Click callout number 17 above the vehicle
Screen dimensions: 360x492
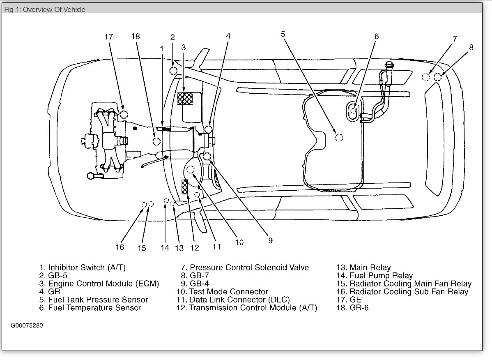(x=108, y=37)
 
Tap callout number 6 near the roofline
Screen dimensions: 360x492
(x=376, y=36)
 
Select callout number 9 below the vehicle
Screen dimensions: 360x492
(x=270, y=241)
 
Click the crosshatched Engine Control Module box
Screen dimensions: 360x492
(x=186, y=99)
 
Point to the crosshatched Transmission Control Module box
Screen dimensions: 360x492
(x=185, y=187)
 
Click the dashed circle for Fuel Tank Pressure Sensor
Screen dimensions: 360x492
(x=339, y=138)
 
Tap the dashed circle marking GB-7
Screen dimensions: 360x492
(x=438, y=77)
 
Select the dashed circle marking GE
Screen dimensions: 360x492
(x=124, y=115)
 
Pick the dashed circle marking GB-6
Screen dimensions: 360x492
(x=156, y=142)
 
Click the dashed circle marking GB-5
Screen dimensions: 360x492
(x=174, y=71)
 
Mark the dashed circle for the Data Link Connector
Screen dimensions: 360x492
(x=197, y=195)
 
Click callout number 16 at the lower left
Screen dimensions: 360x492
(x=120, y=247)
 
